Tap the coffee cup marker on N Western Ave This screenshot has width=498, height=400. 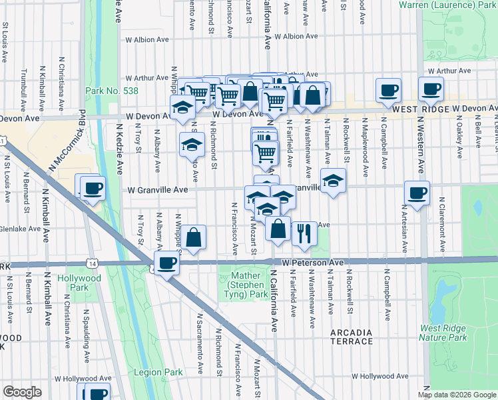click(417, 194)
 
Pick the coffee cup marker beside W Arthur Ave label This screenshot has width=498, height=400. click(431, 89)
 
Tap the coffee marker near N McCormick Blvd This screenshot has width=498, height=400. click(93, 188)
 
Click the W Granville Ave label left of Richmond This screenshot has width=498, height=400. click(158, 189)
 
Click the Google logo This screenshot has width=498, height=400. click(22, 392)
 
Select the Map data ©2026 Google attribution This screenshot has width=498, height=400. click(456, 395)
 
